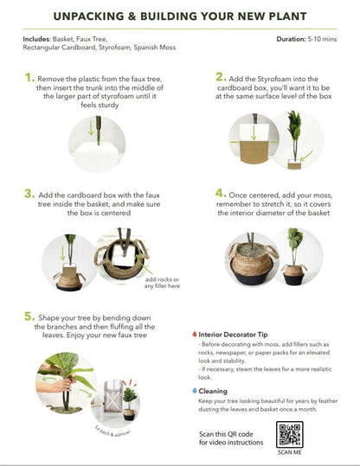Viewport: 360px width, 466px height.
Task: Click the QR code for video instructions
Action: coord(290,435)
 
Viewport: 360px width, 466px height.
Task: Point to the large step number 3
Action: coord(30,195)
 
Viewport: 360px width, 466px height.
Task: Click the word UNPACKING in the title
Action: coord(91,16)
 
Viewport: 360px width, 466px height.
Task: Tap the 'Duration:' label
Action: coord(292,40)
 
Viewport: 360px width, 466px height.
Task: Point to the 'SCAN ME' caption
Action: coord(290,452)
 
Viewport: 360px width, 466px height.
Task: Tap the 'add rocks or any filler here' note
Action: coord(164,283)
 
